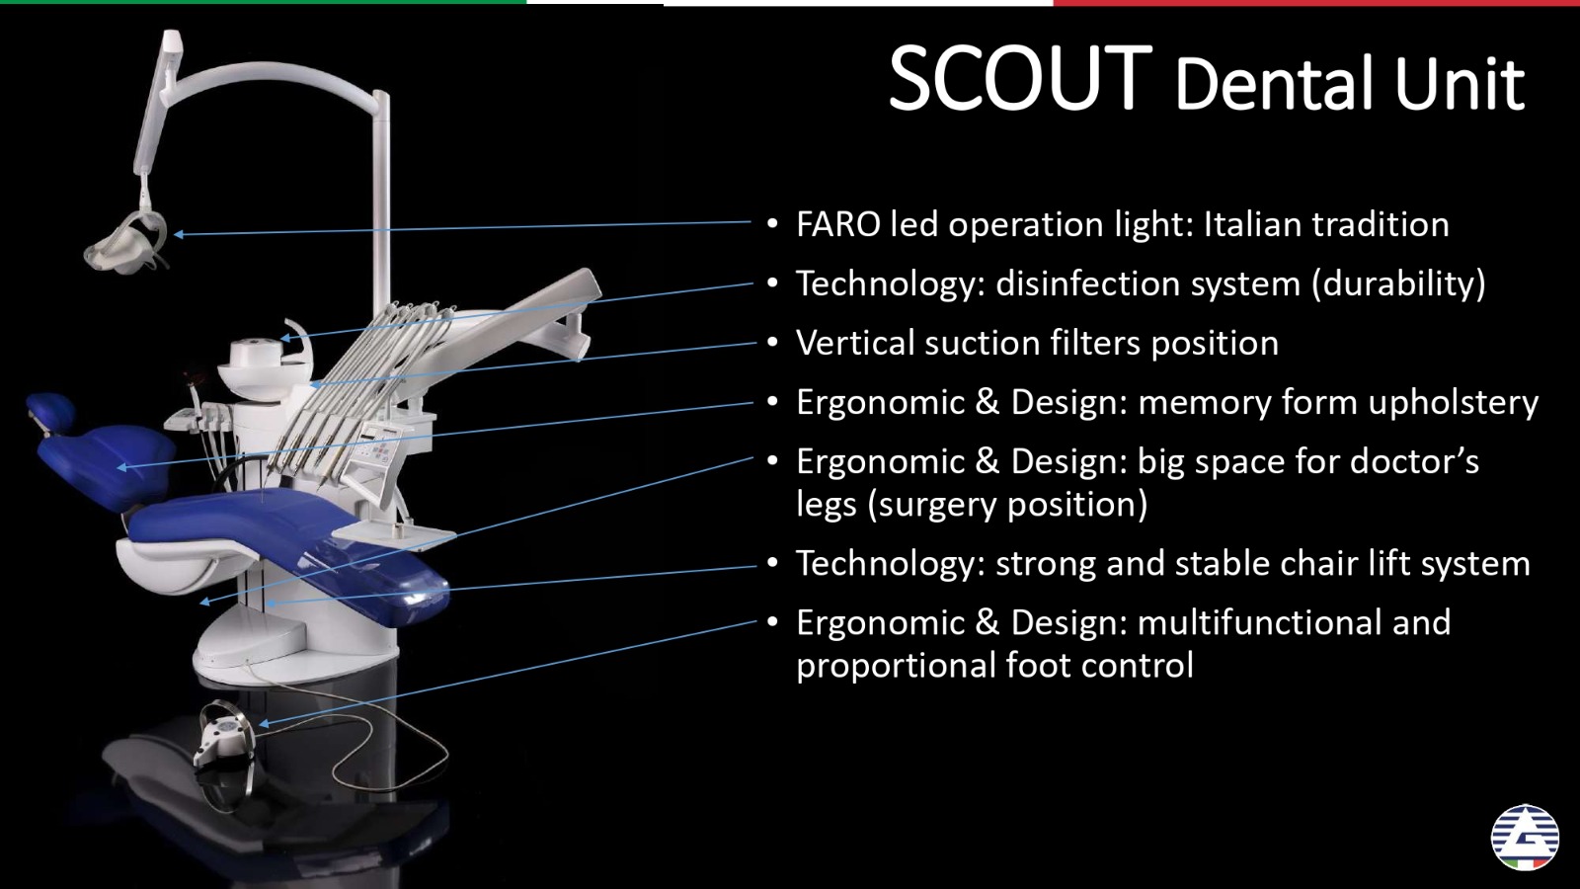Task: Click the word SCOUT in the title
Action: (x=1021, y=78)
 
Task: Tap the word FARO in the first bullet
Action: (x=838, y=224)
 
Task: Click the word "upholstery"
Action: (x=1453, y=404)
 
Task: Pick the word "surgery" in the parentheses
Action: (x=939, y=505)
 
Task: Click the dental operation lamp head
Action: (x=127, y=244)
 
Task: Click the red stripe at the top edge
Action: (x=1317, y=3)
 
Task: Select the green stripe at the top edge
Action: (x=263, y=2)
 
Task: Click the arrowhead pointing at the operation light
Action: (x=179, y=234)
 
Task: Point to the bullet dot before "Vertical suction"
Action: (x=772, y=344)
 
